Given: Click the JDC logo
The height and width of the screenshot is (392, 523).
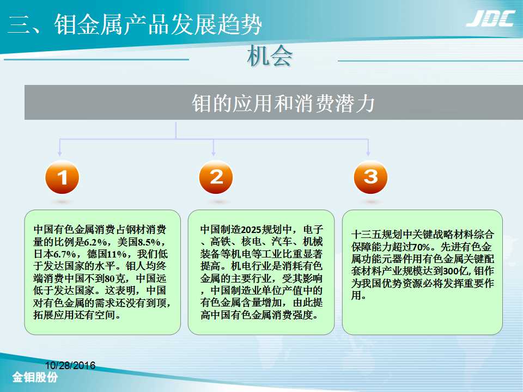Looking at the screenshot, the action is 490,19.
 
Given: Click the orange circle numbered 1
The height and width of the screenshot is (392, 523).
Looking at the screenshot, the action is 62,177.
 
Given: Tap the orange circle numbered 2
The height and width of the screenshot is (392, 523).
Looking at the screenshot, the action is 216,177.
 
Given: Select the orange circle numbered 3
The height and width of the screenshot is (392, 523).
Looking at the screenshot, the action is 370,177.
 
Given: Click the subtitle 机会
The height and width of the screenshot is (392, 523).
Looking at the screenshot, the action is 270,56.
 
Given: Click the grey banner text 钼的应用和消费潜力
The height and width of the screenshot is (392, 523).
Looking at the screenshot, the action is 283,103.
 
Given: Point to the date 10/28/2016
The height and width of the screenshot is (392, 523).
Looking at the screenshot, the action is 70,365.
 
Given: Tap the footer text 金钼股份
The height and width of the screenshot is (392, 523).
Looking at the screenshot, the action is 35,377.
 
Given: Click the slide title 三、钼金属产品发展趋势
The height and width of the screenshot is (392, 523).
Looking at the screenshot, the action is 135,24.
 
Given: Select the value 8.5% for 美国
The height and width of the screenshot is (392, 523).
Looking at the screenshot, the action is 149,242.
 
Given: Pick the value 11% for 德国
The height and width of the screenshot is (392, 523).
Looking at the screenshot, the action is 117,254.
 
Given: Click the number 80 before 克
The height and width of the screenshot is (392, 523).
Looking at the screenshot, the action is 110,278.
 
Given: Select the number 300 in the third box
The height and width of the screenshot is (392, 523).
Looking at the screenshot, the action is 451,271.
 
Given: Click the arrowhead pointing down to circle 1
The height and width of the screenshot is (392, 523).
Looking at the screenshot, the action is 60,154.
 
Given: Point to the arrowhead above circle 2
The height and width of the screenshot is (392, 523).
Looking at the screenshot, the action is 214,154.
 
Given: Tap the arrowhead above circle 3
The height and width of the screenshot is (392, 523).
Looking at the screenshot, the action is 368,154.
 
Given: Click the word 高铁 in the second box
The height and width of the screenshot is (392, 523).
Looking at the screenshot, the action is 221,242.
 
